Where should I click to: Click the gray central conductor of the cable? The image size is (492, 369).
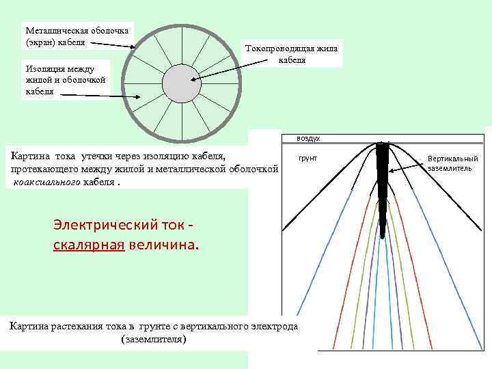click(181, 82)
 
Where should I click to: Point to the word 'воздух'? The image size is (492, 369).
click(308, 138)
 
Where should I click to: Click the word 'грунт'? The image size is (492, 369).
click(308, 158)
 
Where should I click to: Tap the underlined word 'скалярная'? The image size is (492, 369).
click(88, 245)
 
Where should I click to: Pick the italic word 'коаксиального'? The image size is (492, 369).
click(46, 182)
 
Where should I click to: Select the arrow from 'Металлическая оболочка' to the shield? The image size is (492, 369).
click(112, 44)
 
